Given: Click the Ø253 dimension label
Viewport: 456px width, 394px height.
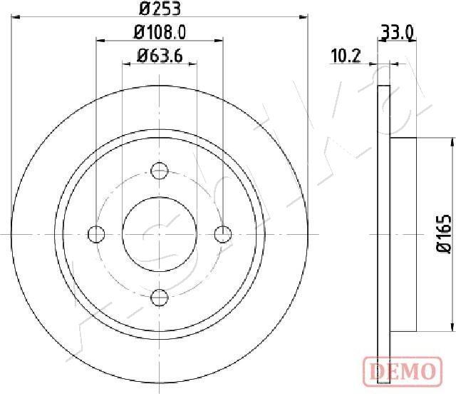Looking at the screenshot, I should (160, 9).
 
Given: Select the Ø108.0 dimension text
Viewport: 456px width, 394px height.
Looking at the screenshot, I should (160, 32).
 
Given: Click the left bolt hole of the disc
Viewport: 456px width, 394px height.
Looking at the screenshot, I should (96, 233).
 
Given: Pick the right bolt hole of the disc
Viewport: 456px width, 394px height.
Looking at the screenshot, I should (223, 233).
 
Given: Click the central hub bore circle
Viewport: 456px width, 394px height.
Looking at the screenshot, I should (160, 233).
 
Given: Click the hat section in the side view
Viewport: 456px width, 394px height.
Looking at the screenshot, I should (403, 233).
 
